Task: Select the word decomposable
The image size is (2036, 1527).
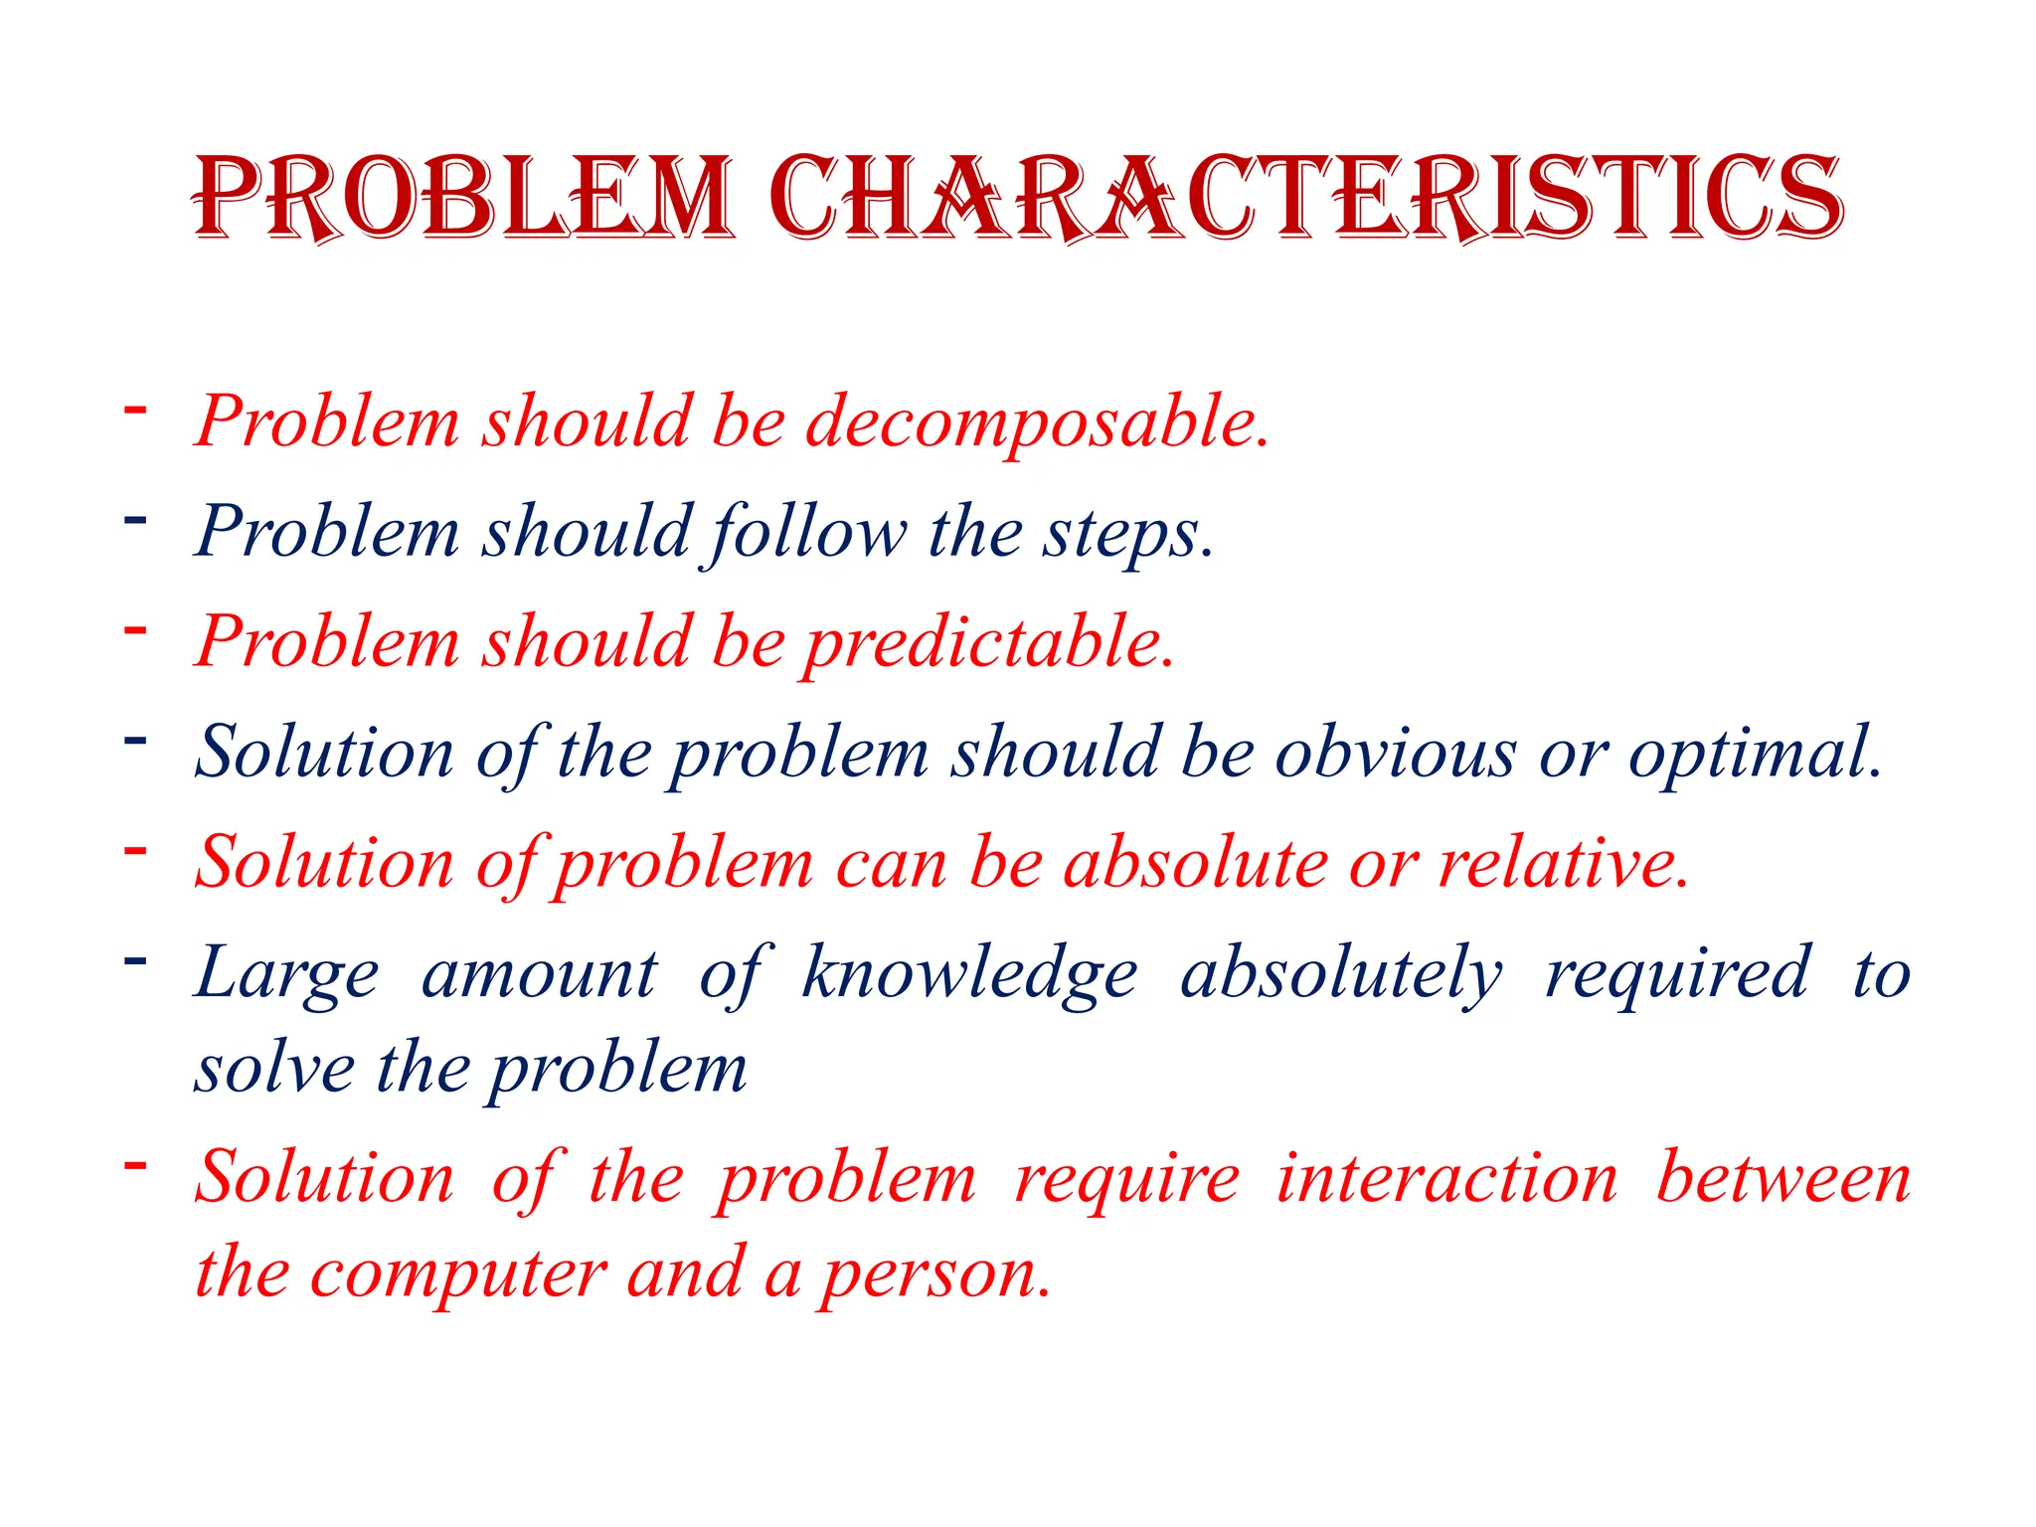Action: [x=1037, y=422]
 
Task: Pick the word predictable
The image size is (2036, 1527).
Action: [x=989, y=642]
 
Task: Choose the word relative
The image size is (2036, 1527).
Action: [x=1564, y=862]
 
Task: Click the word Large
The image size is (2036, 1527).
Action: [x=286, y=973]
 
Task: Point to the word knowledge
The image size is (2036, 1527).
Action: [x=969, y=973]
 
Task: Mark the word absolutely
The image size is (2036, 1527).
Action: [x=1341, y=973]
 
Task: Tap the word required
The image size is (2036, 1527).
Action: [x=1677, y=973]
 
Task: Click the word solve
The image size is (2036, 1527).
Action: [x=274, y=1070]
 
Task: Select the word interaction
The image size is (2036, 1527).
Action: [x=1446, y=1178]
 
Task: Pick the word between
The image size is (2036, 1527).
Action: [x=1782, y=1178]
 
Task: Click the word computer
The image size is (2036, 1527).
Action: [x=458, y=1274]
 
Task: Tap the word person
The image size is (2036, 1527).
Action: [x=934, y=1274]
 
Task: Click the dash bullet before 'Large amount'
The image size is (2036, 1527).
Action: [x=135, y=960]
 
